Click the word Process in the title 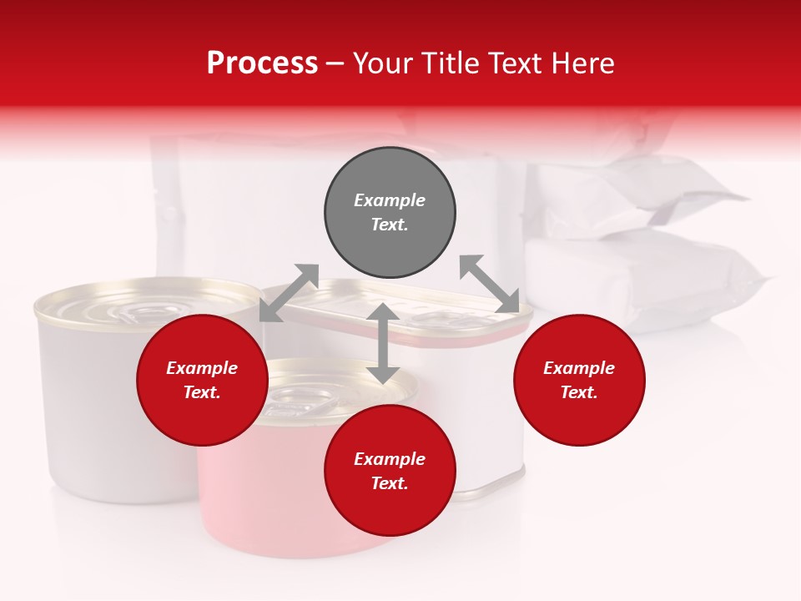click(x=262, y=63)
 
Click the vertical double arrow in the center click(x=382, y=343)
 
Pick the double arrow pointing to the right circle click(x=489, y=284)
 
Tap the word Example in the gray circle click(x=390, y=200)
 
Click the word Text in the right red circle click(x=578, y=392)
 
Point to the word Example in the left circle click(x=202, y=368)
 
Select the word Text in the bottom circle click(x=389, y=483)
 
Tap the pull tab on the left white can click(x=133, y=313)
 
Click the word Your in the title click(x=385, y=63)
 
